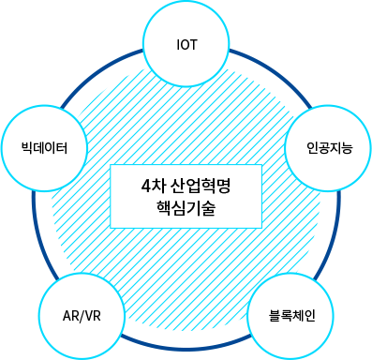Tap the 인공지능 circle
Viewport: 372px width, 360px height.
(x=329, y=147)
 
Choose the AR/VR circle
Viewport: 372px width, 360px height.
(x=82, y=313)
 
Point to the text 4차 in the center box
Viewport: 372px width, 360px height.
(x=152, y=185)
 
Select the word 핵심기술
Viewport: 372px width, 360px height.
(x=187, y=208)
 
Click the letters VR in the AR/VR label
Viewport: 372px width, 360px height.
(x=92, y=314)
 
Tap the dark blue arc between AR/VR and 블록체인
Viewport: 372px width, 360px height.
(x=187, y=349)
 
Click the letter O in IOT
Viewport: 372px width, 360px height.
(x=188, y=45)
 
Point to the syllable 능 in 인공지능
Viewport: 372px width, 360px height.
(x=347, y=148)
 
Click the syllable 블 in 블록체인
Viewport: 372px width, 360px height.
(x=275, y=314)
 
